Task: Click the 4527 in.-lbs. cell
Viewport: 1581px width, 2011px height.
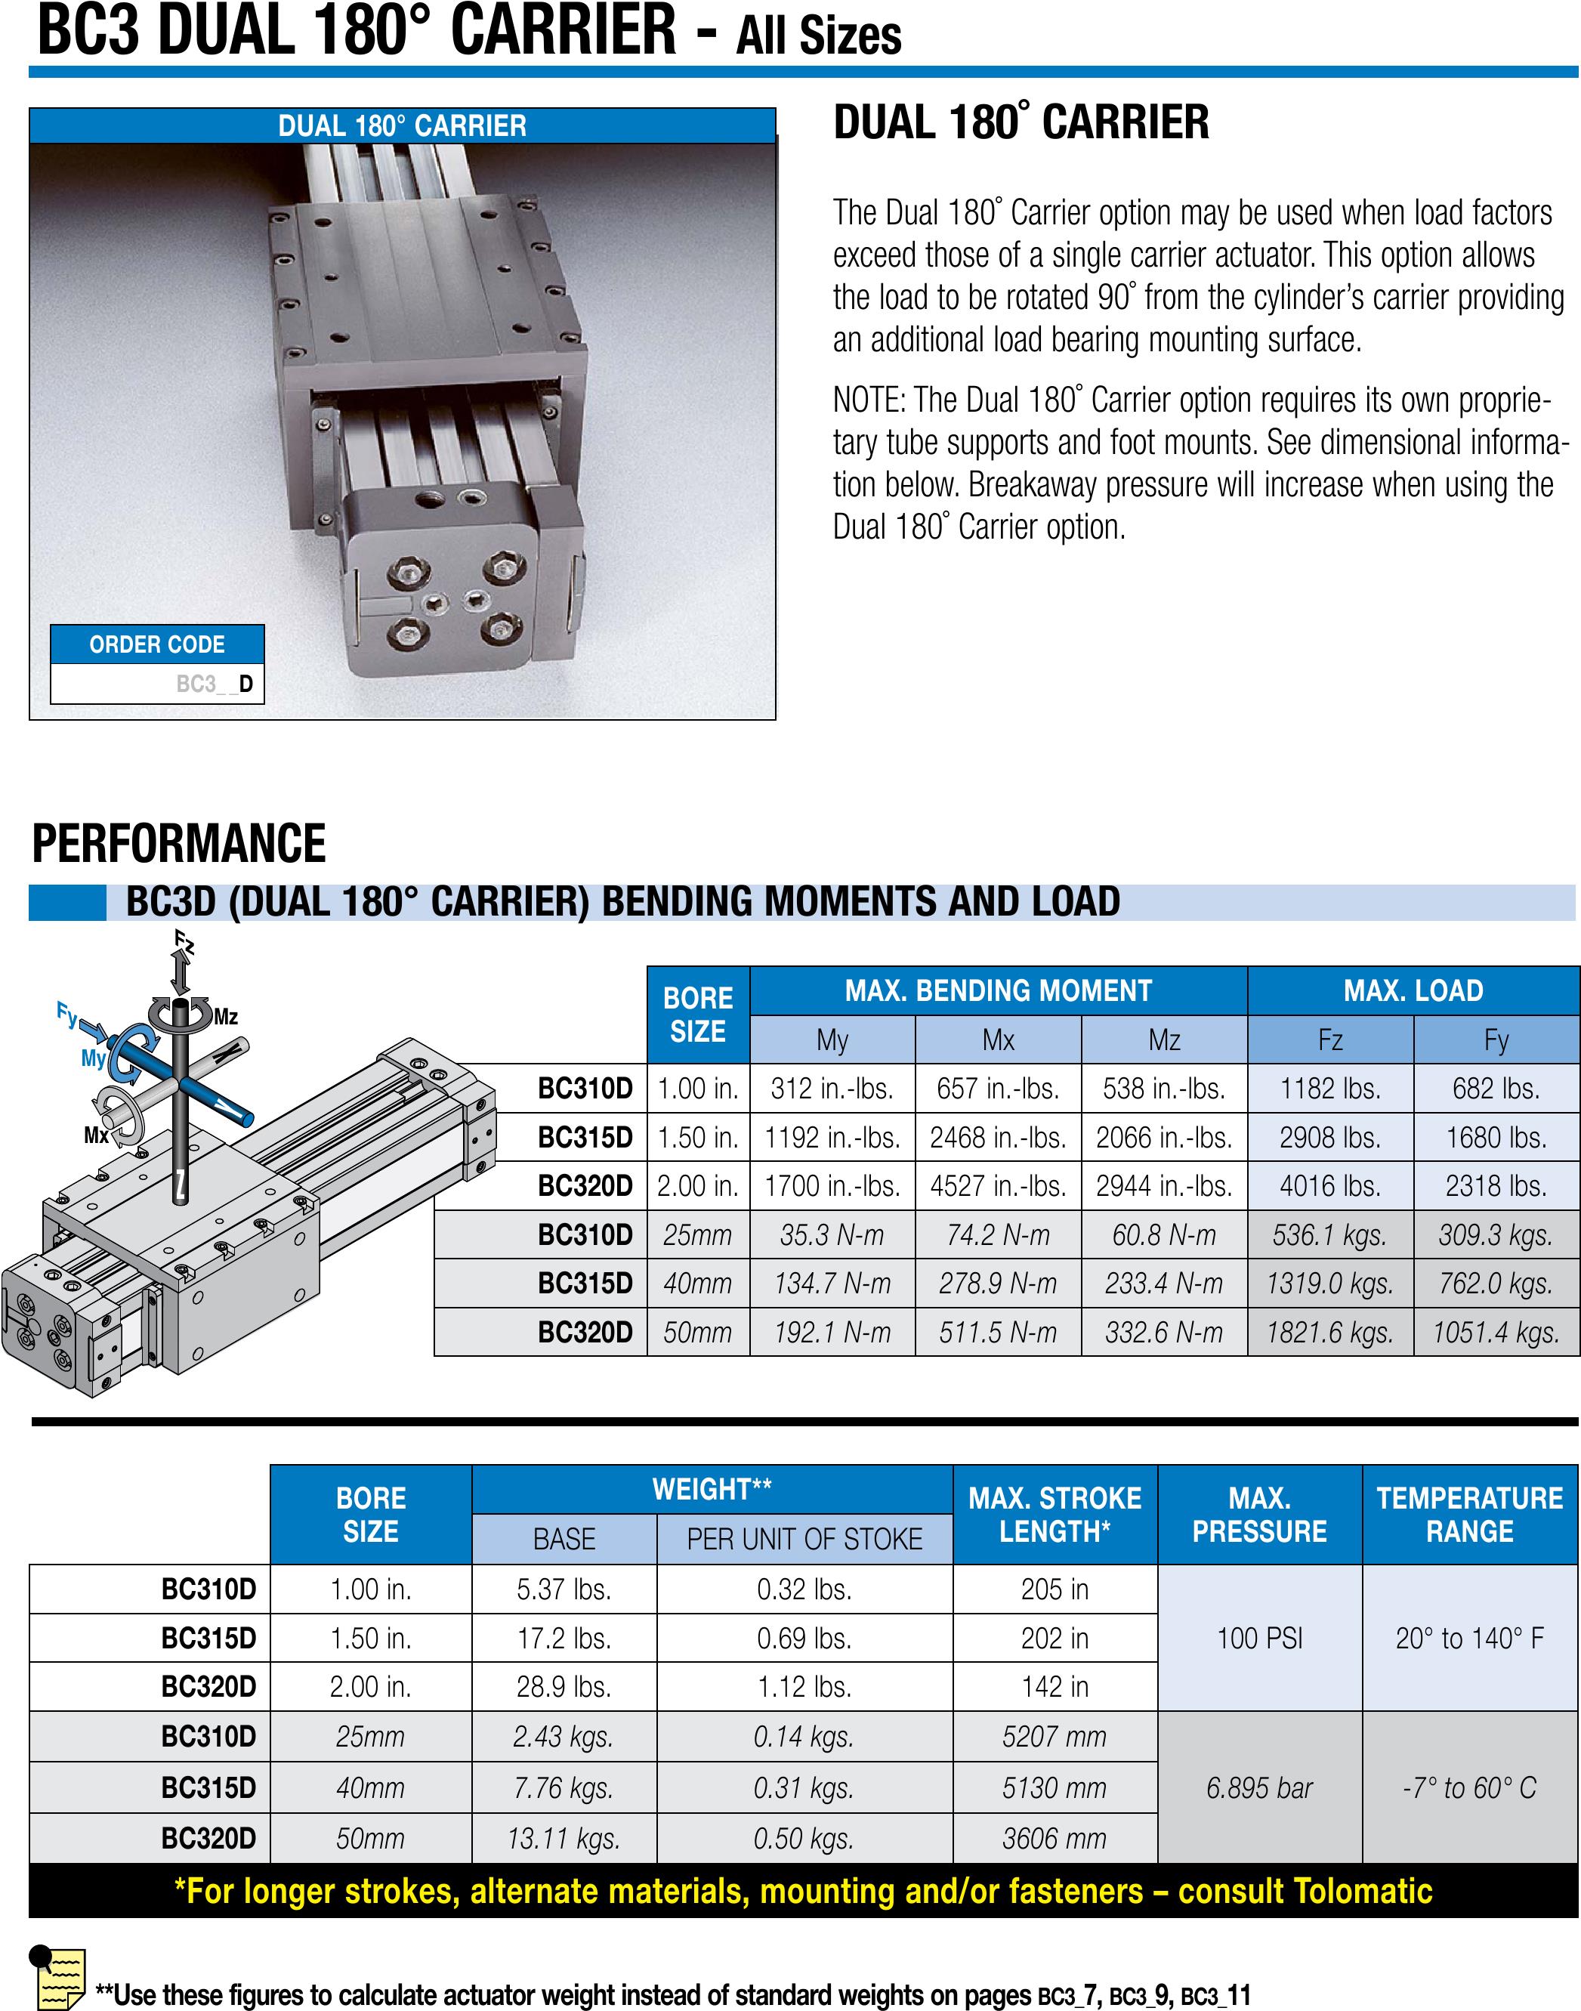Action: pos(998,1186)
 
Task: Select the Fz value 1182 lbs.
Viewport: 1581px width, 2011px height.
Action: pos(1330,1089)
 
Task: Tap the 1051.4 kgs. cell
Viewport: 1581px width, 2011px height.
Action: pos(1496,1333)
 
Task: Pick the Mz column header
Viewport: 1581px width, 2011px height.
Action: pos(1165,1039)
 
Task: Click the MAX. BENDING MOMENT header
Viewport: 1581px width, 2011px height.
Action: pos(998,990)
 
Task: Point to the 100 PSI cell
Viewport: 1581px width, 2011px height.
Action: pos(1259,1638)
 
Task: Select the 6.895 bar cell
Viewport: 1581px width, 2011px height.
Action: pos(1259,1788)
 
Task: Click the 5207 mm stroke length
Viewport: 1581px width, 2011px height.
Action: pos(1055,1737)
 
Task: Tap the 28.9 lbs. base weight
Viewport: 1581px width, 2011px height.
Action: pos(564,1687)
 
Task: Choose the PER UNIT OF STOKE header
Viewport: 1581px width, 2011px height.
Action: pos(804,1539)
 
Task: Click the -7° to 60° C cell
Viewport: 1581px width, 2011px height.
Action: pos(1470,1788)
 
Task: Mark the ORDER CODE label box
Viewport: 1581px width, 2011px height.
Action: pos(156,644)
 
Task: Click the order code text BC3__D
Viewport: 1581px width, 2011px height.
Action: pos(214,684)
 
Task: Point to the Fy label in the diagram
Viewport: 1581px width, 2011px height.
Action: pos(66,1013)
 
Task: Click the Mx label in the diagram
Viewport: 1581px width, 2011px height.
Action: pos(96,1134)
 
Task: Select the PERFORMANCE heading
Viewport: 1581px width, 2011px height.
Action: pos(179,844)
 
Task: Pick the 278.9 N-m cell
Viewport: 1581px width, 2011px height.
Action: pos(998,1284)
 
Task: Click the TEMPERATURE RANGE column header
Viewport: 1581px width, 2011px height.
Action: pos(1470,1515)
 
